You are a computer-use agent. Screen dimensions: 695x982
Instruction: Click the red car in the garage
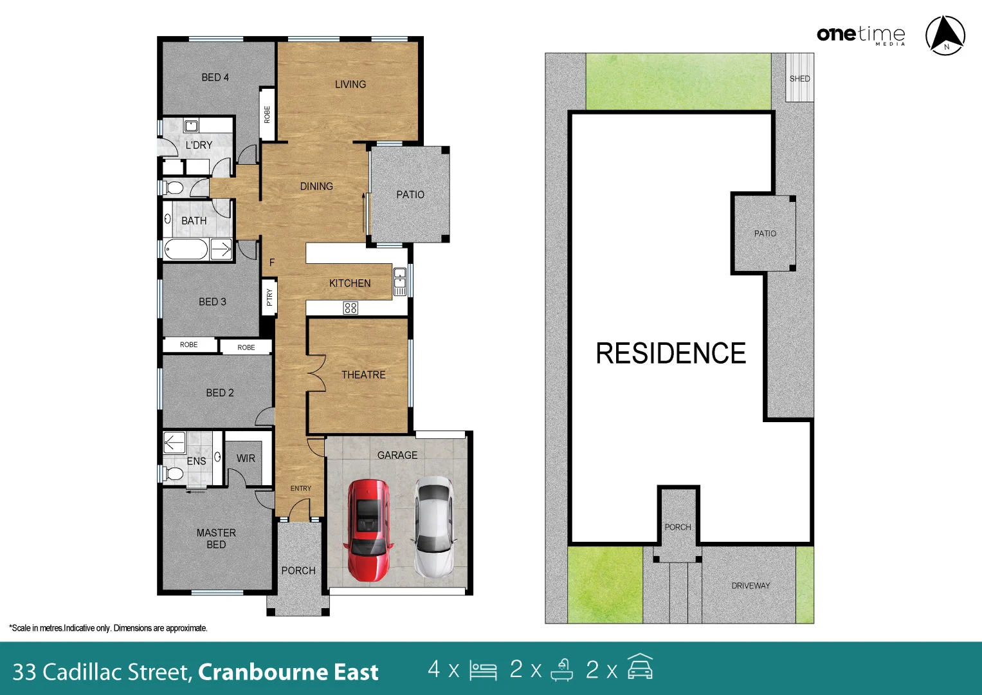[368, 530]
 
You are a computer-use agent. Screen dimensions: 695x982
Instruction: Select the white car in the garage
[434, 527]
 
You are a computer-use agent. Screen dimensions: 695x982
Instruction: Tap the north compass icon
[945, 35]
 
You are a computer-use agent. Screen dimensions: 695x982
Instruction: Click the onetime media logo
[860, 35]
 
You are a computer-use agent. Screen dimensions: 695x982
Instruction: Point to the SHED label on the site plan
[799, 79]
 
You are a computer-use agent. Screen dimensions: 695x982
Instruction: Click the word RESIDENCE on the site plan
[670, 353]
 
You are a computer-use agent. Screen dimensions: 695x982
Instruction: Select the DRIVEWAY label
[750, 586]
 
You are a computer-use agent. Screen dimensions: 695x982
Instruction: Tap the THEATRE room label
[363, 375]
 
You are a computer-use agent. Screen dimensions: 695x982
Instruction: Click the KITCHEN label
[349, 283]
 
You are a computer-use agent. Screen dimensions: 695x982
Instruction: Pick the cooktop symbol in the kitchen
[350, 308]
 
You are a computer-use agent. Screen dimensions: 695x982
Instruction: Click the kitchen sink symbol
[399, 282]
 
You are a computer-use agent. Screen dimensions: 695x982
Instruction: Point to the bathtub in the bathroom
[186, 249]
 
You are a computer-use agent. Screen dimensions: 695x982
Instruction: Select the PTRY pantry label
[269, 297]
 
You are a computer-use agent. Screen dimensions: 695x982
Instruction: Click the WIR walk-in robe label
[246, 458]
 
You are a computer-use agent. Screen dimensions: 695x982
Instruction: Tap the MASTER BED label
[216, 539]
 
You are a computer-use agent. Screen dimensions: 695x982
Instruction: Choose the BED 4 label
[215, 77]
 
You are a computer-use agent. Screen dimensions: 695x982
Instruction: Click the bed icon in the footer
[483, 670]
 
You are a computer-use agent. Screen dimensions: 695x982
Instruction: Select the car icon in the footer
[639, 667]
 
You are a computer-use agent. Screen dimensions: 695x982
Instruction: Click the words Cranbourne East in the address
[288, 672]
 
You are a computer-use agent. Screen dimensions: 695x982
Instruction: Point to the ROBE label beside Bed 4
[267, 115]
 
